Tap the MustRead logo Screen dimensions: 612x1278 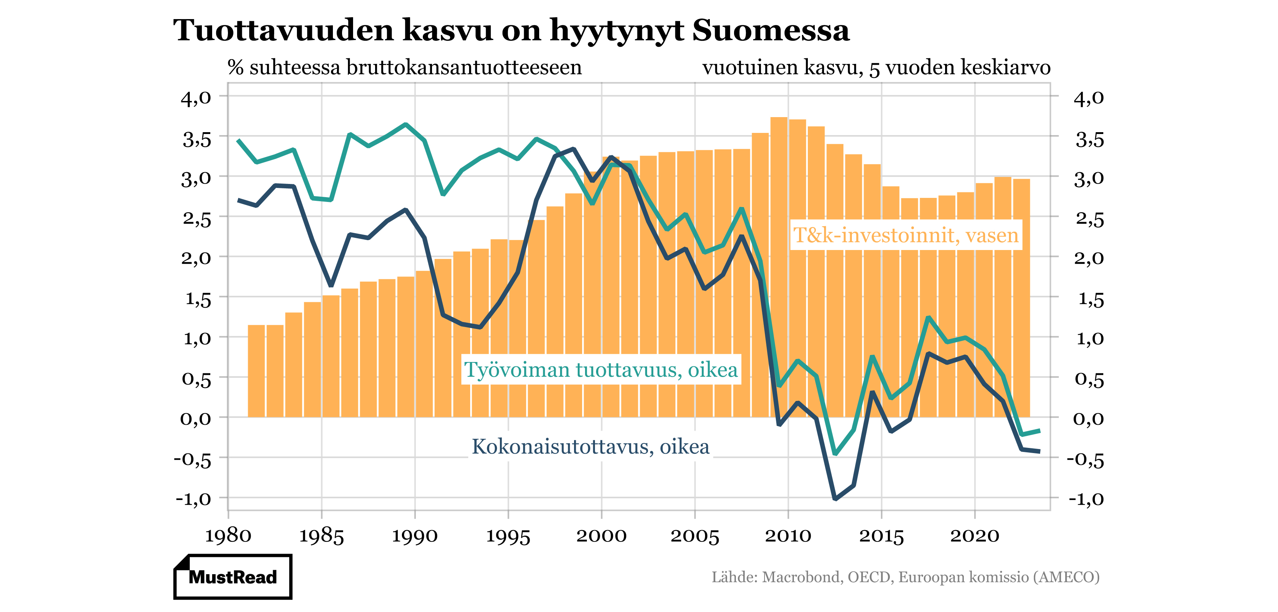point(233,577)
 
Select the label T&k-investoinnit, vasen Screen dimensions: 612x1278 point(905,235)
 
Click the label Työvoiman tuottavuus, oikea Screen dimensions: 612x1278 point(601,370)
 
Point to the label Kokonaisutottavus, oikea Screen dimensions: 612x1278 point(591,446)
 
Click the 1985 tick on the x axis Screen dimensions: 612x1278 point(322,536)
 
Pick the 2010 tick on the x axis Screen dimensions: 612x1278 point(788,536)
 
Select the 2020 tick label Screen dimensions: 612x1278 point(974,536)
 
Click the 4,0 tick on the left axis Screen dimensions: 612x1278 point(196,98)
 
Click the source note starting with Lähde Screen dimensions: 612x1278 point(905,577)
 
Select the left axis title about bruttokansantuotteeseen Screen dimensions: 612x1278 point(404,68)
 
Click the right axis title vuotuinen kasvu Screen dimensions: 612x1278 point(876,68)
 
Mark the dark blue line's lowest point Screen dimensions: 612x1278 point(835,498)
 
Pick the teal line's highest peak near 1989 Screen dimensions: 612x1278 point(406,124)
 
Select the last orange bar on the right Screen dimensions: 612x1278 point(1021,298)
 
